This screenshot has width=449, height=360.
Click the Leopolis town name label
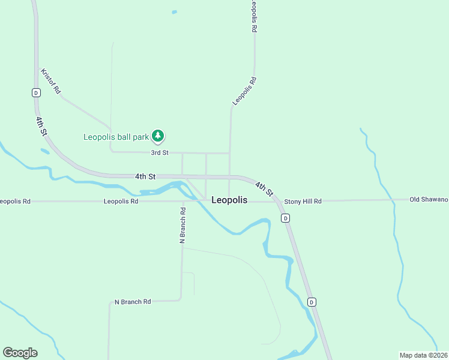point(229,200)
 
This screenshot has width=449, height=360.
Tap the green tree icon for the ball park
point(158,137)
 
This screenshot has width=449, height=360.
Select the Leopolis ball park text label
point(115,137)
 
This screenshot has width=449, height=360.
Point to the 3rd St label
point(160,153)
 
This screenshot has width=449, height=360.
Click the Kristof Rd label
point(51,81)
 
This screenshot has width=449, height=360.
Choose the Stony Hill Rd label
point(303,202)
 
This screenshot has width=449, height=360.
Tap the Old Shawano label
point(429,199)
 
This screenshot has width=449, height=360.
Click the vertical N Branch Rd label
point(183,225)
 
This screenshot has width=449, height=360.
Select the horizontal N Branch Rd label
point(133,302)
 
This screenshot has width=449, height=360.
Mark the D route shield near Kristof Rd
point(36,92)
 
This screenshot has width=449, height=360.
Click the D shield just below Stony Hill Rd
point(286,218)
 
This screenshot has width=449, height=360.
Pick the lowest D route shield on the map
point(312,302)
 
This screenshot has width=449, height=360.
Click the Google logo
point(20,353)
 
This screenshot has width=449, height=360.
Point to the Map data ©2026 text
point(424,355)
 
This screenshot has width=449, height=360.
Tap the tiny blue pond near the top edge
point(175,12)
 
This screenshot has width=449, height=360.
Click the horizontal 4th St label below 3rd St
point(145,176)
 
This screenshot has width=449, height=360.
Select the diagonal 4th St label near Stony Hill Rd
point(264,189)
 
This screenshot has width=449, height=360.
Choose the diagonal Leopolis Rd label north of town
point(245,91)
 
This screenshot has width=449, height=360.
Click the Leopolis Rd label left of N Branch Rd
point(121,202)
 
